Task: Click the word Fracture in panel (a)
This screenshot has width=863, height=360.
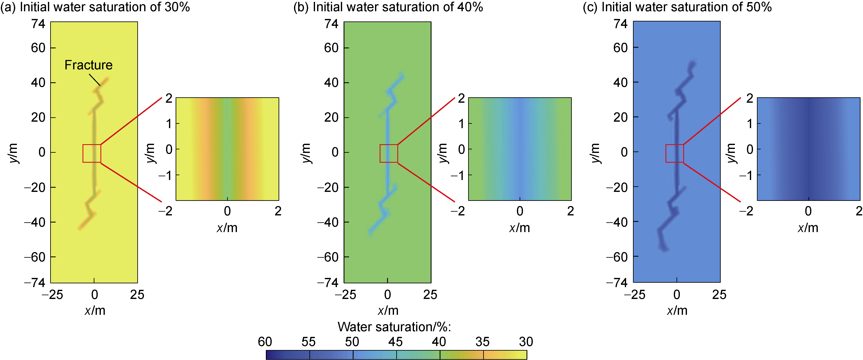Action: [x=88, y=65]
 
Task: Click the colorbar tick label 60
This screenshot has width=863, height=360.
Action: [x=265, y=342]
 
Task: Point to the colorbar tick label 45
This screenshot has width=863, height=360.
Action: [x=395, y=342]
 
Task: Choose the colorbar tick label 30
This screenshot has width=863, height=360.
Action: [x=526, y=342]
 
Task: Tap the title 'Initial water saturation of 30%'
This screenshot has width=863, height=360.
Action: [x=105, y=7]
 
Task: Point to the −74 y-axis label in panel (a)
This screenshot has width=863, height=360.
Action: [x=35, y=283]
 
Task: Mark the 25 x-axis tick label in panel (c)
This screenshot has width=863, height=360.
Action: [x=719, y=295]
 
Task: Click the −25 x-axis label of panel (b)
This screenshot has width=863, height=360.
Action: [x=345, y=295]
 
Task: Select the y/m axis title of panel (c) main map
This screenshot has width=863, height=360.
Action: [x=595, y=153]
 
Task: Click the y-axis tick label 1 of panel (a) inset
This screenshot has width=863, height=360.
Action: [x=169, y=124]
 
